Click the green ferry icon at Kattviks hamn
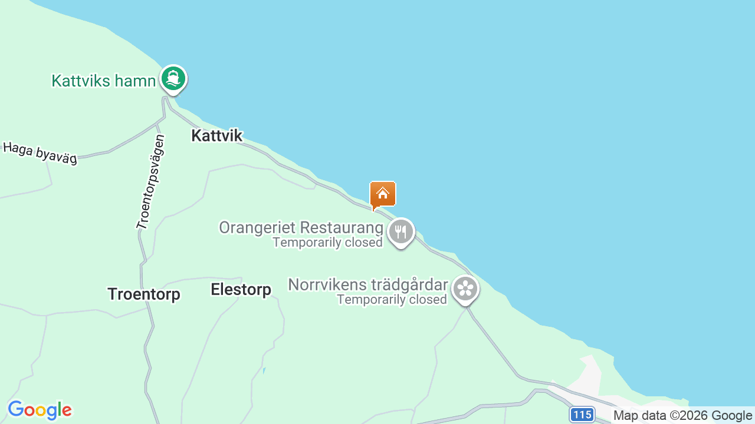tap(173, 78)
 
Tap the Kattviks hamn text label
tap(103, 81)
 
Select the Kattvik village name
tap(216, 135)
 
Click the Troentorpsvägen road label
tap(150, 182)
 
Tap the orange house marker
tap(382, 194)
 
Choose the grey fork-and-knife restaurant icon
tap(401, 231)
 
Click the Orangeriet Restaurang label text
tap(301, 227)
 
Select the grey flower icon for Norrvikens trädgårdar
tap(465, 289)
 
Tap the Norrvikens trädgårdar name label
tap(367, 285)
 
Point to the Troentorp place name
tap(143, 294)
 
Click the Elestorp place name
tap(241, 289)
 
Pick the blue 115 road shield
tap(582, 415)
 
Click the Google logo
tap(40, 410)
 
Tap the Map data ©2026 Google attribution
tap(682, 415)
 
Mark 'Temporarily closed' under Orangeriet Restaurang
tap(327, 242)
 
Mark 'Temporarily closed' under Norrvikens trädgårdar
tap(392, 300)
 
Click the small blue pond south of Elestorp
tap(264, 371)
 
